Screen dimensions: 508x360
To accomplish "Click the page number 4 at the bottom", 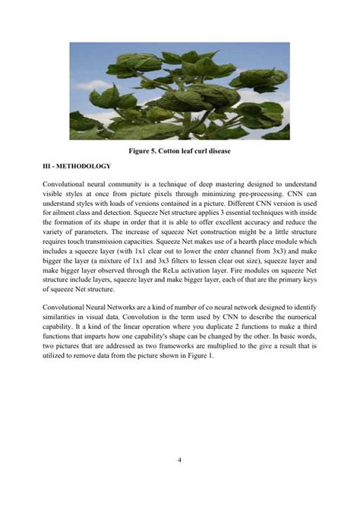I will click(179, 459).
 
